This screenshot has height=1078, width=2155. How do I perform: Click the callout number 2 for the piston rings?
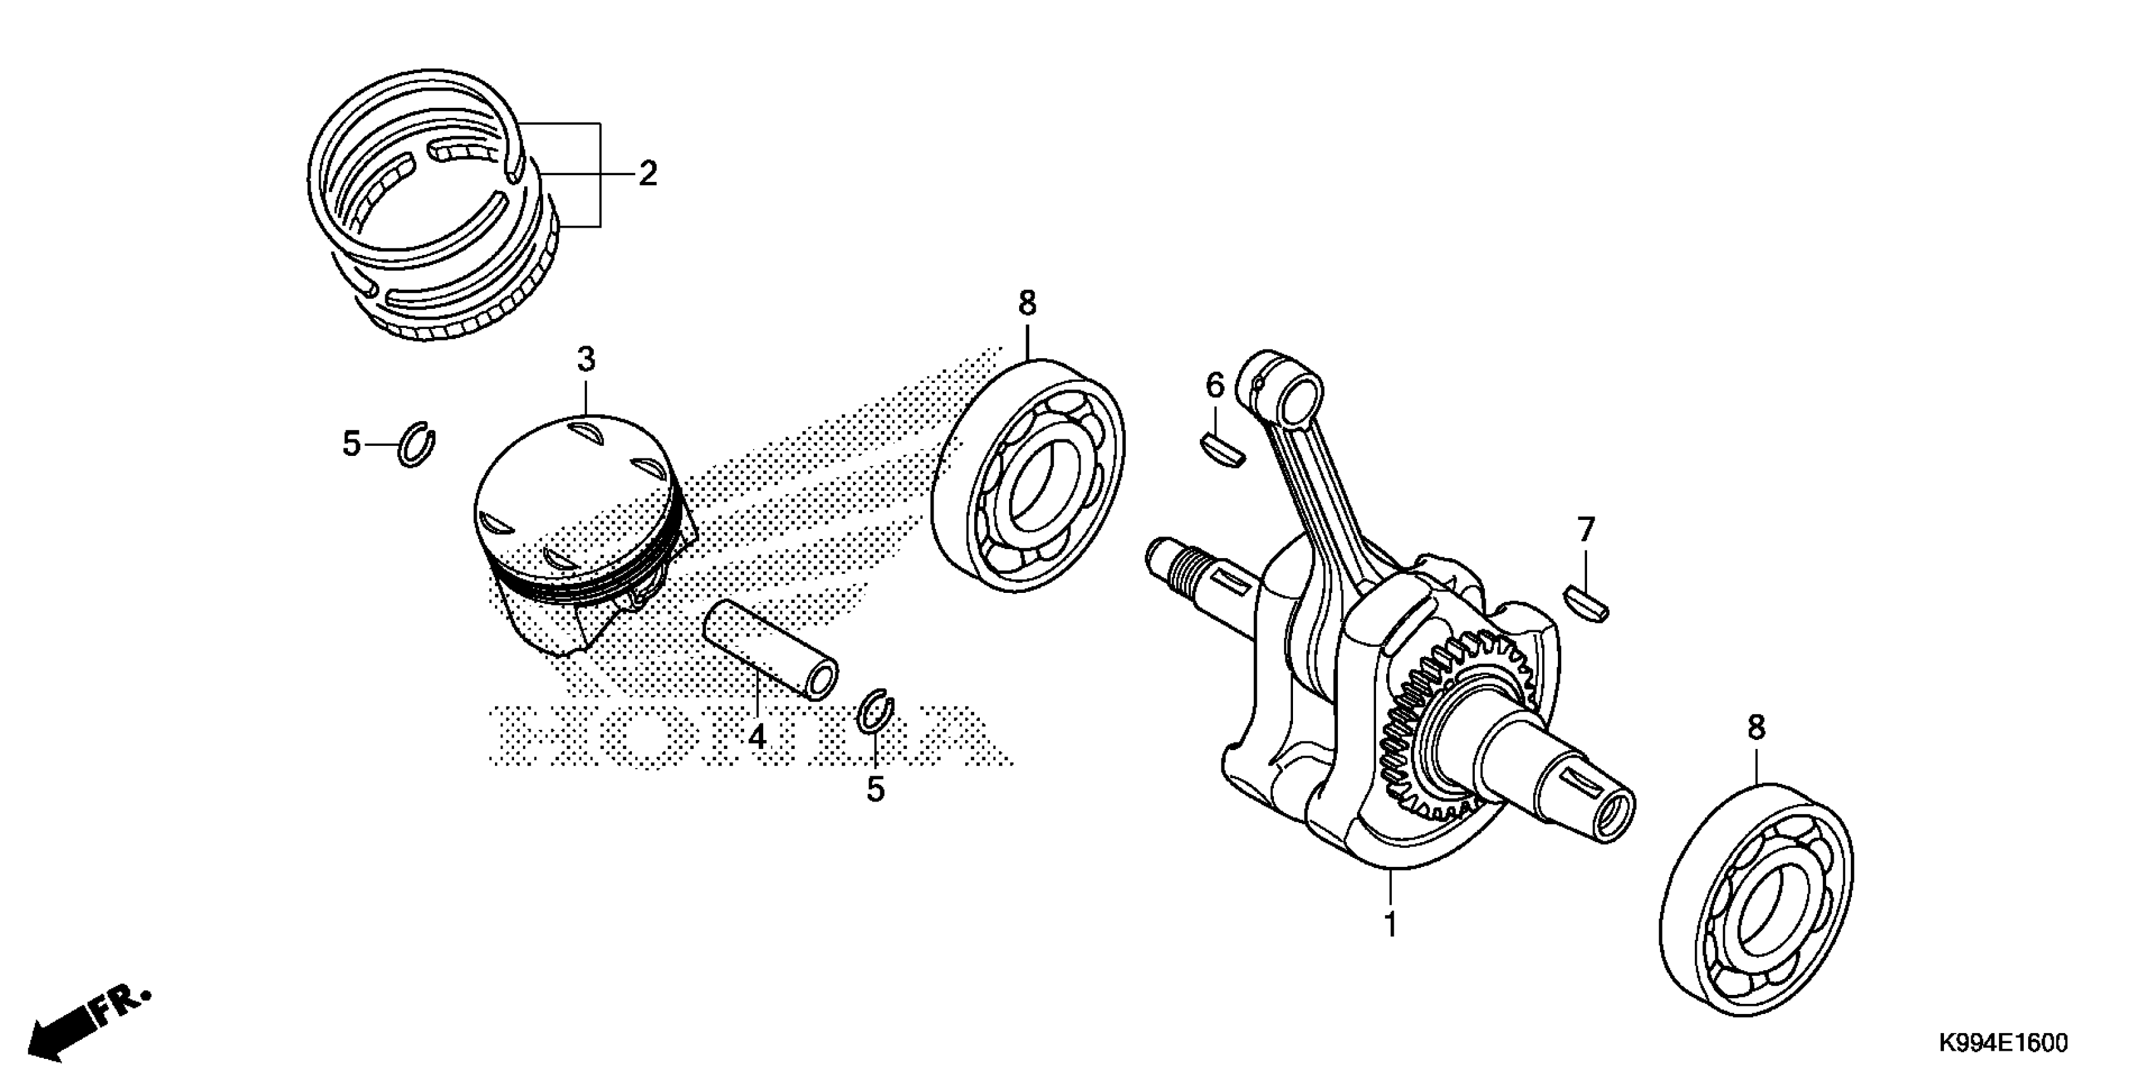(x=648, y=174)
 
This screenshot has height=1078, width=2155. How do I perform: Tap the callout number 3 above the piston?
(x=586, y=360)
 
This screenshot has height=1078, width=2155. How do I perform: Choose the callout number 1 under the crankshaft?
(x=1391, y=924)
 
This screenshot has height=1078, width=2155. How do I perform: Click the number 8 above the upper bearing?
(x=1027, y=303)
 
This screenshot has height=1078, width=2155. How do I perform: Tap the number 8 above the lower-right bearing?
(x=1756, y=727)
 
